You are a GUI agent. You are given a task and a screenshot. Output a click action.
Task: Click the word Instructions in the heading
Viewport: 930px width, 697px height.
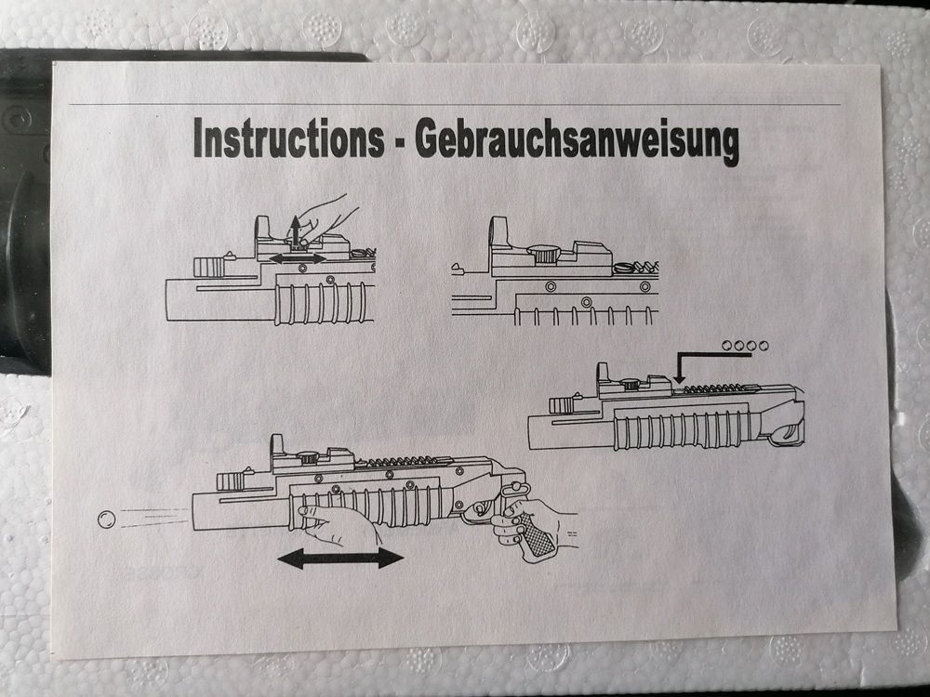tap(289, 138)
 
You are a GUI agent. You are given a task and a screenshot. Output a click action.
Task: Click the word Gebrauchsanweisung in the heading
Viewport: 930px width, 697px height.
tap(578, 142)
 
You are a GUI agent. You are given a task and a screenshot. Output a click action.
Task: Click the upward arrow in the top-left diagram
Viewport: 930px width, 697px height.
tap(296, 231)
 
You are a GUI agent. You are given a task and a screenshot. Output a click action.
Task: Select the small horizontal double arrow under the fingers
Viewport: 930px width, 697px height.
tap(298, 258)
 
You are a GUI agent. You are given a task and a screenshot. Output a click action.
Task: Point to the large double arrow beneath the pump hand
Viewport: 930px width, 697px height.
tap(340, 558)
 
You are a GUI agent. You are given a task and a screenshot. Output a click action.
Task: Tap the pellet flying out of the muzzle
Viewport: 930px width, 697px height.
tap(107, 519)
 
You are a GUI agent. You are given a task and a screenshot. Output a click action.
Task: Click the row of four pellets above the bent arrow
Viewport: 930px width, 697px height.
tap(745, 346)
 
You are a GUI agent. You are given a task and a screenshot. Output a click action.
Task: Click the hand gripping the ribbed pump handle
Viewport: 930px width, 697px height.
tap(339, 526)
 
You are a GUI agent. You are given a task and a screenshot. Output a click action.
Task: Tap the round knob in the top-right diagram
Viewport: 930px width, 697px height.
tap(544, 254)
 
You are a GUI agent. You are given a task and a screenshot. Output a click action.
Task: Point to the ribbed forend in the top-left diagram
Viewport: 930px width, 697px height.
tap(320, 303)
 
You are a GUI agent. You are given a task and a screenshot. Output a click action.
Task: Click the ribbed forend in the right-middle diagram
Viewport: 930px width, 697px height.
tap(688, 429)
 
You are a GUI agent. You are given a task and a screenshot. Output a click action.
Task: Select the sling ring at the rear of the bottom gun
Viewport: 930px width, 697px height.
tap(510, 492)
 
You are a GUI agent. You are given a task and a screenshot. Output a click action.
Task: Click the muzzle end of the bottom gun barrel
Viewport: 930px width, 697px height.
tap(193, 511)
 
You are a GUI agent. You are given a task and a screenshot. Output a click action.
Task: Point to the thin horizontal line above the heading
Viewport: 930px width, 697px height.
tap(455, 105)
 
